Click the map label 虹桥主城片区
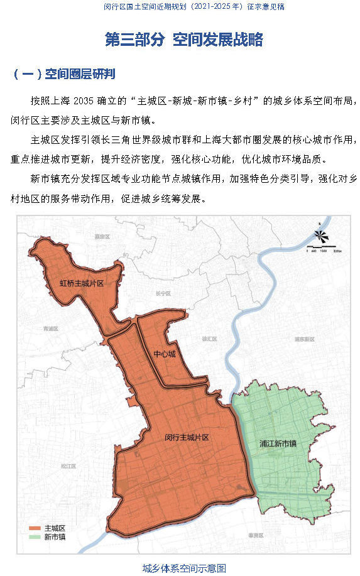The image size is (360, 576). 82,283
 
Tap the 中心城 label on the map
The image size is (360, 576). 164,354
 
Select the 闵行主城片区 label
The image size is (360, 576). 187,436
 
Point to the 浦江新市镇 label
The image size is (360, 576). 278,443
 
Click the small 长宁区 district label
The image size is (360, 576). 163,293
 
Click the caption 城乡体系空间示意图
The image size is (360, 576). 184,568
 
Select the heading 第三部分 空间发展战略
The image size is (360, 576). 183,40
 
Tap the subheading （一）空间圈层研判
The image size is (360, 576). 63,74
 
